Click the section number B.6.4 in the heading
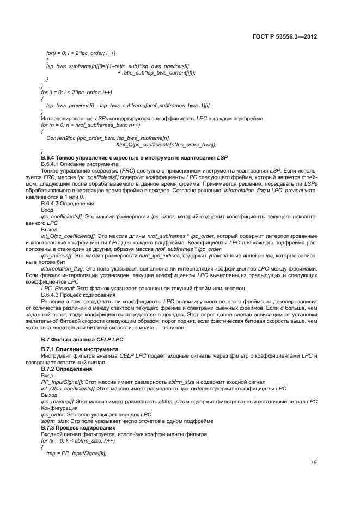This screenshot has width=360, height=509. pyautogui.click(x=49, y=157)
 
